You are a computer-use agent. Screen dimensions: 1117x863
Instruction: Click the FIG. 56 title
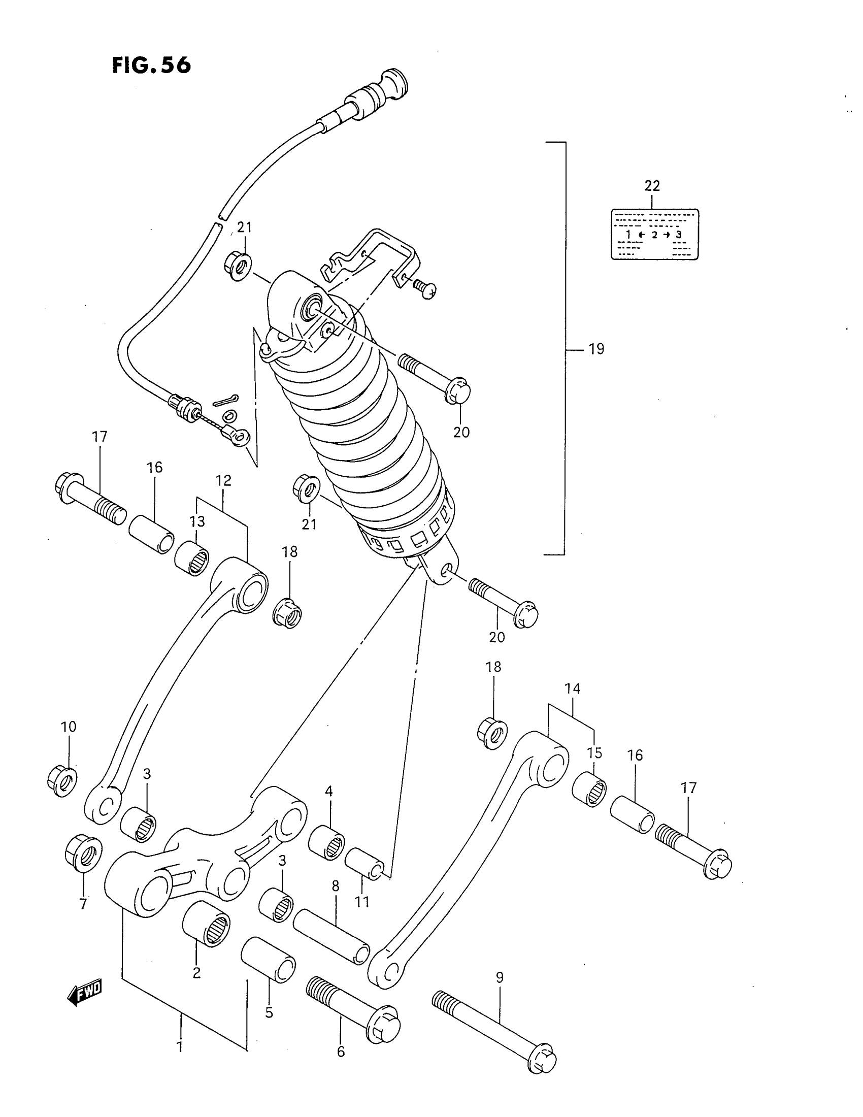[151, 66]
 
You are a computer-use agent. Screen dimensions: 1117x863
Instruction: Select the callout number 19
[596, 349]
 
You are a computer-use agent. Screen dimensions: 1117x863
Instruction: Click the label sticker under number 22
[655, 234]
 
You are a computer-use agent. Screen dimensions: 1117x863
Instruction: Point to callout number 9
[500, 977]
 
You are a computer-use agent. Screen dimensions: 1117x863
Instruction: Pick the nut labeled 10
[62, 781]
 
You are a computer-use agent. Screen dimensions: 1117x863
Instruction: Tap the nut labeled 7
[83, 852]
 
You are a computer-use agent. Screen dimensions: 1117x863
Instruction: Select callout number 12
[223, 480]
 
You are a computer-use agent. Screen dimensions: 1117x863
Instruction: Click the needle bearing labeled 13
[192, 559]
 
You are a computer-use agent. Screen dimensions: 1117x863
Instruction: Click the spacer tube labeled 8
[331, 935]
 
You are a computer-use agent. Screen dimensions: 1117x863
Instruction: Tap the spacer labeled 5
[269, 960]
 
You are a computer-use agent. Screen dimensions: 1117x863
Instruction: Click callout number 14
[573, 689]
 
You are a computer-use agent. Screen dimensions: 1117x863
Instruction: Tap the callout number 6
[341, 1052]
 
